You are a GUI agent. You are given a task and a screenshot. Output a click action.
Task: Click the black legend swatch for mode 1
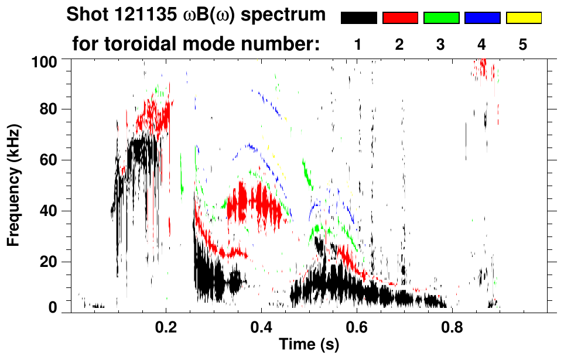(x=358, y=18)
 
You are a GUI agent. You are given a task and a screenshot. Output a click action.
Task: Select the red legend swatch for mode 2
(x=400, y=18)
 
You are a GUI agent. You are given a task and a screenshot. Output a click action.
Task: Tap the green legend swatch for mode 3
(x=441, y=18)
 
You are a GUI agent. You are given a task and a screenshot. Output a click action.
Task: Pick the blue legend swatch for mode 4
(x=482, y=18)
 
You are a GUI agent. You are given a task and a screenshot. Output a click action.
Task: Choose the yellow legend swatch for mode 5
(x=523, y=18)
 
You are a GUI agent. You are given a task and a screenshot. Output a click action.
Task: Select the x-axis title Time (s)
(x=308, y=345)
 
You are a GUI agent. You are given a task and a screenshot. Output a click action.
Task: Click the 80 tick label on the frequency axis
(x=48, y=109)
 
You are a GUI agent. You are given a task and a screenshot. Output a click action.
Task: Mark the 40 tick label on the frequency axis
(x=48, y=211)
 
